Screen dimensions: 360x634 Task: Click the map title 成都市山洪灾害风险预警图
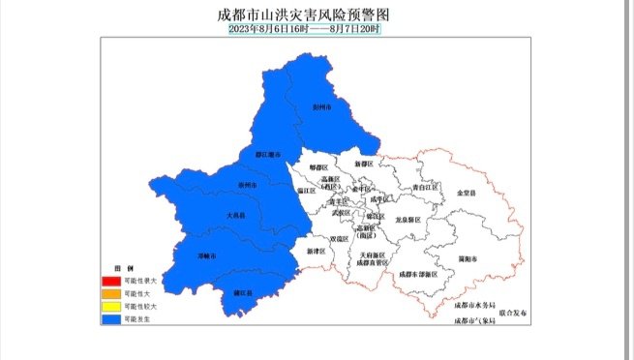pyautogui.click(x=307, y=15)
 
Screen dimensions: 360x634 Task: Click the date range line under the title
pyautogui.click(x=306, y=29)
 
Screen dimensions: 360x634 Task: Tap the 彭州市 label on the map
pyautogui.click(x=322, y=107)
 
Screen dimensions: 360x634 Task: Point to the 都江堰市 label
pyautogui.click(x=268, y=154)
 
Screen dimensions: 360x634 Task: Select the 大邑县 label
pyautogui.click(x=236, y=216)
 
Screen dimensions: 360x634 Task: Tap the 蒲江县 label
pyautogui.click(x=243, y=292)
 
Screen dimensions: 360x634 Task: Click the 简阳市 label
pyautogui.click(x=468, y=258)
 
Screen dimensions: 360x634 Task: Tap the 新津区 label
pyautogui.click(x=316, y=251)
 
